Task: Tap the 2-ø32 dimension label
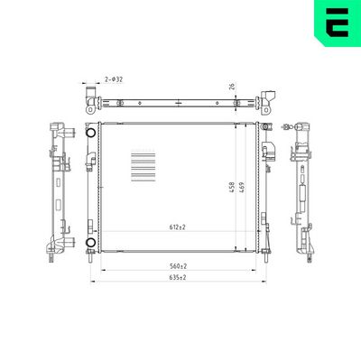(114, 80)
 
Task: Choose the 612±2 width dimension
(177, 227)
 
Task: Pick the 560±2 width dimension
(177, 265)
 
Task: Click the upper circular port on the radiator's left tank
(90, 134)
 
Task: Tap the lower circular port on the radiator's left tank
(90, 243)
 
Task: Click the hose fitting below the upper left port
(90, 161)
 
